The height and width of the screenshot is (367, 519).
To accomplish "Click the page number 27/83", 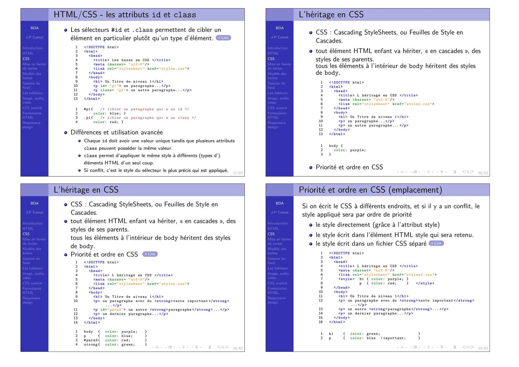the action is click(237, 173).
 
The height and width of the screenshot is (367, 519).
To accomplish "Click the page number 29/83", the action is click(483, 348).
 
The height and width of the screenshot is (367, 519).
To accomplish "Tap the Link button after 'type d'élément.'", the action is click(223, 38).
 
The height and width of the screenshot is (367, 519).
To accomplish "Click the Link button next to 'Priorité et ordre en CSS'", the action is click(150, 254).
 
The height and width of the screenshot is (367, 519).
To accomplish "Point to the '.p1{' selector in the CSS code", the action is click(88, 118).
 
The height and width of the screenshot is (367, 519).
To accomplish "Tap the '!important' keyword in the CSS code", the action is click(393, 338).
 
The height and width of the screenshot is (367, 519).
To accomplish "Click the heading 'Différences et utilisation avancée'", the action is click(117, 132).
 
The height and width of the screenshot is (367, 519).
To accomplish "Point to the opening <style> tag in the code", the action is click(346, 279).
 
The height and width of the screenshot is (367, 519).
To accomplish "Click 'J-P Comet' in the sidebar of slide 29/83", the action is click(280, 212).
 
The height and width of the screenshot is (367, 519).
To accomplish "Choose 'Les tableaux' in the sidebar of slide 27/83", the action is click(33, 93).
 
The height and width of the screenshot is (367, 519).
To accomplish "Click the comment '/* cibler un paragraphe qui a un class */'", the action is click(148, 118).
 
